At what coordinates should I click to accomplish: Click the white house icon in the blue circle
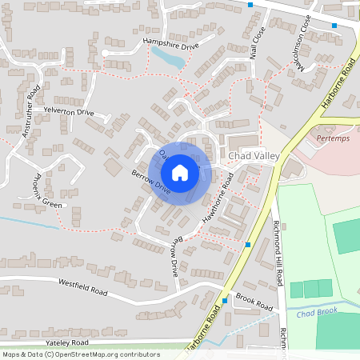tap(180, 173)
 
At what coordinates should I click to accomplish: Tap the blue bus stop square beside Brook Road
tap(225, 301)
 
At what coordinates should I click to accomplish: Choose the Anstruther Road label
tap(31, 111)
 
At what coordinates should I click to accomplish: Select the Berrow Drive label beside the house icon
tap(152, 185)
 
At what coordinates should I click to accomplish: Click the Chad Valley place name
tap(254, 156)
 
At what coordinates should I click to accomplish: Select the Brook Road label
tap(254, 302)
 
